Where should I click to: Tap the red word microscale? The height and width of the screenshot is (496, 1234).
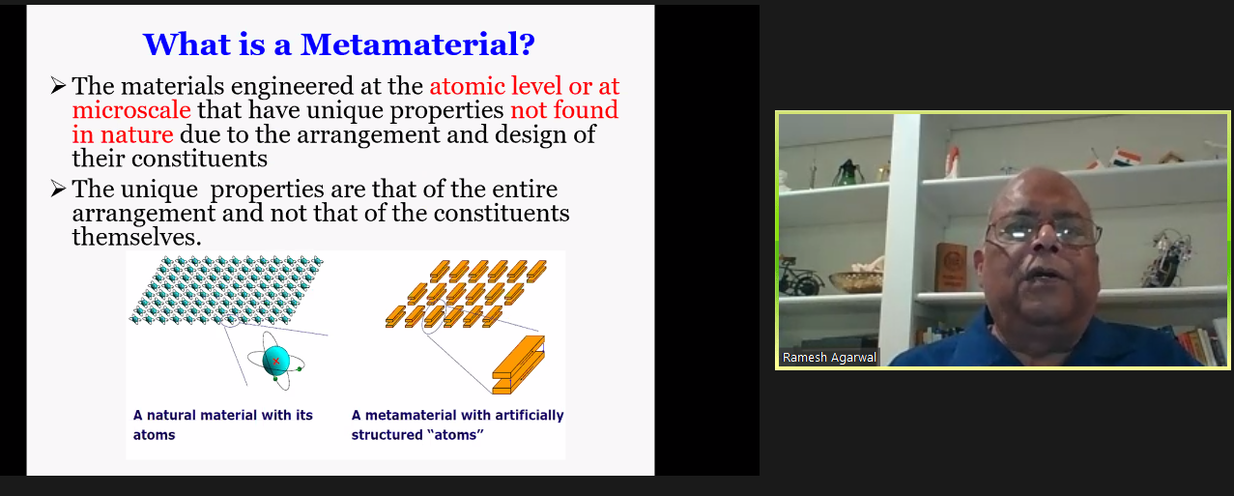click(131, 109)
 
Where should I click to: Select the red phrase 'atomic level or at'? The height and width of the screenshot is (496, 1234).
click(525, 85)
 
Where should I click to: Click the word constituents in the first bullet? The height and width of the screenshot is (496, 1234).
click(199, 159)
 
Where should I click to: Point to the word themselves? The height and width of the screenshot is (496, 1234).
click(136, 237)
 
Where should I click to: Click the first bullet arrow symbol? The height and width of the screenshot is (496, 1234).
click(58, 85)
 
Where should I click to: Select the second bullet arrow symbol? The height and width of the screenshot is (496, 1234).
click(58, 189)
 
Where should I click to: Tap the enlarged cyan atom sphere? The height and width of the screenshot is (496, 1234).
click(276, 361)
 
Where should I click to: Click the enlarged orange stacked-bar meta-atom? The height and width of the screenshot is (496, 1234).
click(518, 365)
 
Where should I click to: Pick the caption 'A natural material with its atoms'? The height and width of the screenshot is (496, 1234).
click(222, 424)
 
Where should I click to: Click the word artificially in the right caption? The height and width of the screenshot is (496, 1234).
click(529, 415)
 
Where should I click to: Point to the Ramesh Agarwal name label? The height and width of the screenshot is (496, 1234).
click(829, 357)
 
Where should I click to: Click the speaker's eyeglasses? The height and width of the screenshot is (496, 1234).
click(1043, 231)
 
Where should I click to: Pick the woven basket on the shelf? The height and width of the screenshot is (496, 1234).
click(856, 279)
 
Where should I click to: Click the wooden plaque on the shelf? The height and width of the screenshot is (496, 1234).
click(951, 267)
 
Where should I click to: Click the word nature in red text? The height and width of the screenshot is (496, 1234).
click(136, 134)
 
